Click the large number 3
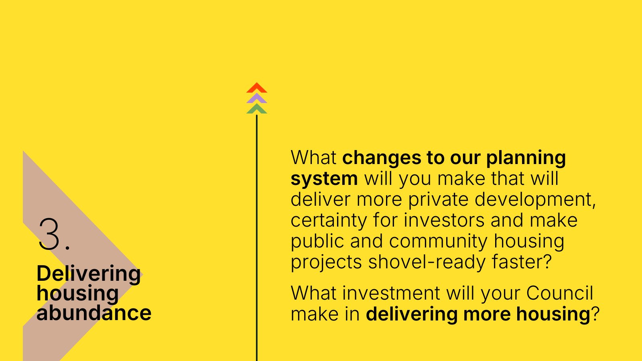49,234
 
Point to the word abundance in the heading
94,313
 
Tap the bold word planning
526,158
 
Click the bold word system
324,179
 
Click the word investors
444,220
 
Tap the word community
438,241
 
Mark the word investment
391,293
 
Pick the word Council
559,293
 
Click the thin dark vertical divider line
256,238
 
